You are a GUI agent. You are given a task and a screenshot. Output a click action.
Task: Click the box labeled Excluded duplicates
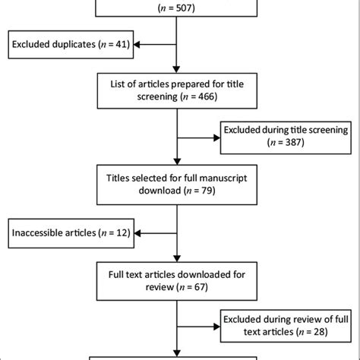click(70, 45)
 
